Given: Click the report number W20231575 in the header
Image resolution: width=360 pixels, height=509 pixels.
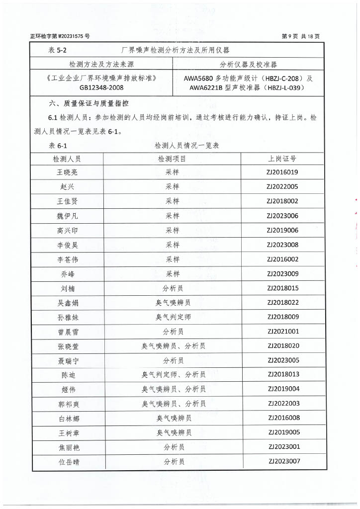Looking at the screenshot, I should [x=71, y=36].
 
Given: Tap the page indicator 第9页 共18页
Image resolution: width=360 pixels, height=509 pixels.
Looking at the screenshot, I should [x=300, y=36].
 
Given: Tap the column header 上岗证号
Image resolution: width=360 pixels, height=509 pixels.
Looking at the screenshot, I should [x=282, y=159].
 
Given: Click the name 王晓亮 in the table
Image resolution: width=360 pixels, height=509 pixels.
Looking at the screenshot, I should [x=67, y=173].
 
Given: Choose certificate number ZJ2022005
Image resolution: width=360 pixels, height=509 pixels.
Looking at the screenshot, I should [x=282, y=187].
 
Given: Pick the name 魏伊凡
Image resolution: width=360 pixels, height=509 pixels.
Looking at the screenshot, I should [x=67, y=216].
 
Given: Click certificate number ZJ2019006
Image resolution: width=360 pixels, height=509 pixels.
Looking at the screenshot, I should [x=282, y=230].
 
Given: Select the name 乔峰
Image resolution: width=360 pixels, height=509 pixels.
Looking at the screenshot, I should [x=67, y=274].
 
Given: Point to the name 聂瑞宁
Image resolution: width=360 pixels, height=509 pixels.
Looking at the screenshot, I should [x=68, y=360].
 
